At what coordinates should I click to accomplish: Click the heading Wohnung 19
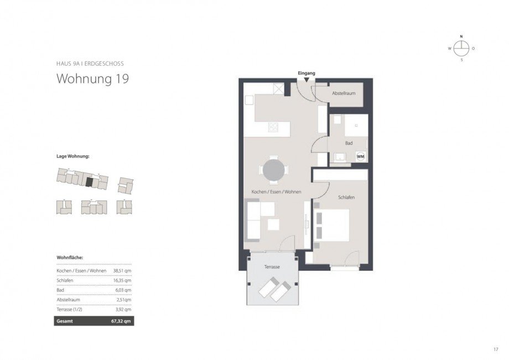(x=93, y=79)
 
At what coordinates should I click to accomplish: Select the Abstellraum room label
(x=344, y=94)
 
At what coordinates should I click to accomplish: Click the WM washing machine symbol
(x=361, y=156)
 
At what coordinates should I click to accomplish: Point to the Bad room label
(x=349, y=143)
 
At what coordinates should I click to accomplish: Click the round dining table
(x=274, y=171)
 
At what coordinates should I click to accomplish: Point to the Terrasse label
(x=271, y=267)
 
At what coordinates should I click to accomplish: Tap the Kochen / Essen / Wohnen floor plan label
(x=276, y=191)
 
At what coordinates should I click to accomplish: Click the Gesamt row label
(x=65, y=321)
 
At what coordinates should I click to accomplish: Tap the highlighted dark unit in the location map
(x=89, y=180)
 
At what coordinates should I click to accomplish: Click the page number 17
(x=496, y=348)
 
